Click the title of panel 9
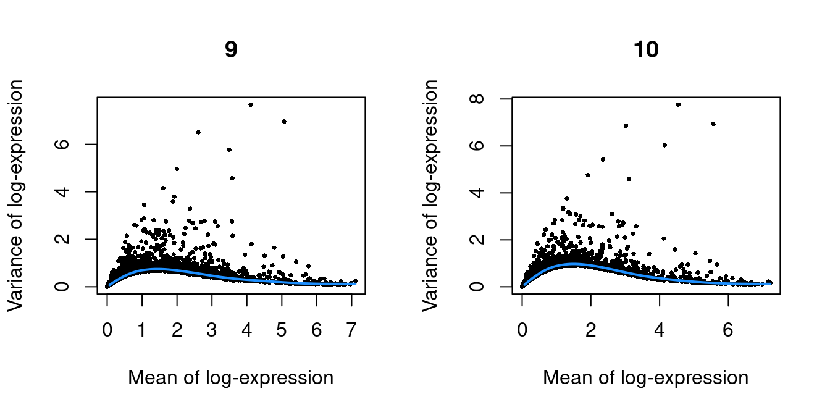pyautogui.click(x=230, y=50)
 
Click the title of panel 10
pyautogui.click(x=646, y=50)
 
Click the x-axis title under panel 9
pyautogui.click(x=230, y=378)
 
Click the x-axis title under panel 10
pyautogui.click(x=646, y=378)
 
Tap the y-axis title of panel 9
pyautogui.click(x=17, y=195)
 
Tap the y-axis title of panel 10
pyautogui.click(x=432, y=195)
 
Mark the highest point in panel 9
pyautogui.click(x=251, y=104)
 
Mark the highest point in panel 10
pyautogui.click(x=678, y=104)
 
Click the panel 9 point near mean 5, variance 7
pyautogui.click(x=284, y=121)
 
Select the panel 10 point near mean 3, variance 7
pyautogui.click(x=626, y=125)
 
